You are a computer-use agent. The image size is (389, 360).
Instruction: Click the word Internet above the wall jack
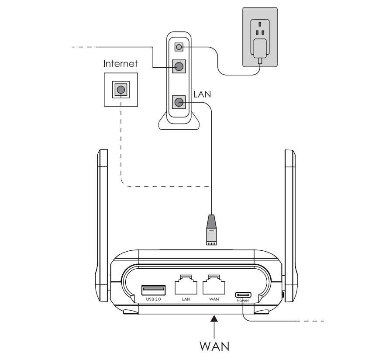pos(120,64)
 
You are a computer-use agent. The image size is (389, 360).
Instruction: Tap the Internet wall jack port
pos(120,90)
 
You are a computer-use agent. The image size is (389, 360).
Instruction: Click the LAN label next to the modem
pos(201,94)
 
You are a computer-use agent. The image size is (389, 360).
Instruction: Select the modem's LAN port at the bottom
pos(179,103)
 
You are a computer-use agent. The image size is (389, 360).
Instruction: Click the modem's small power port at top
pos(179,46)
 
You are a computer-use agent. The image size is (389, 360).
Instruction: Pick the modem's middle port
pos(179,67)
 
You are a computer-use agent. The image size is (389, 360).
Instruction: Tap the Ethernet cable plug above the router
pos(211,229)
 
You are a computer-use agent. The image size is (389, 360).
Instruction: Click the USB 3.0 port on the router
pos(153,290)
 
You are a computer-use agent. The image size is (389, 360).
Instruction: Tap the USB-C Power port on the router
pos(243,294)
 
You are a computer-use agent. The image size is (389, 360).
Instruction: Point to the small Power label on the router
pos(243,301)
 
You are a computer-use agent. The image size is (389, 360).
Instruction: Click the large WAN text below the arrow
pos(214,346)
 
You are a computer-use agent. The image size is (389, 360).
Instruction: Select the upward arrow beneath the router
pos(214,326)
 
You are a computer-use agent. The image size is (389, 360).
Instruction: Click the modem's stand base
pos(179,123)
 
